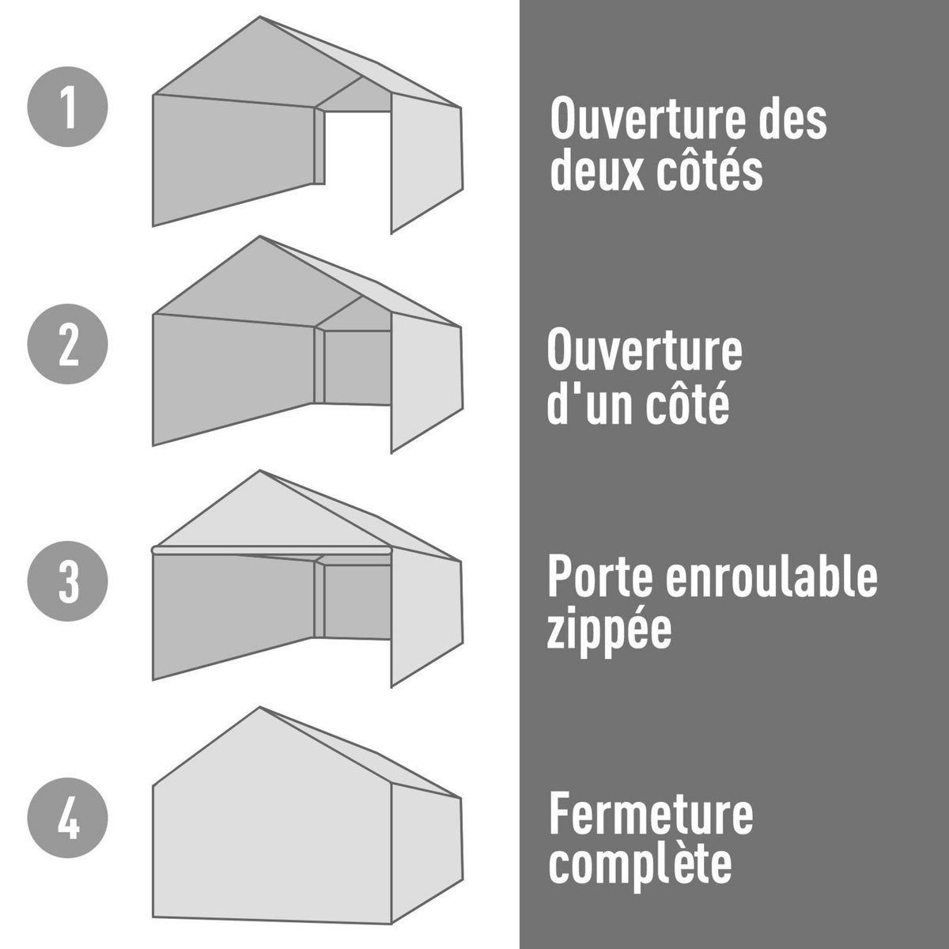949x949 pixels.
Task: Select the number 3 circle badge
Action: [67, 582]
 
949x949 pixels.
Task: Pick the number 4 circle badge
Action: [67, 819]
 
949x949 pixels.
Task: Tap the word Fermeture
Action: [651, 815]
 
